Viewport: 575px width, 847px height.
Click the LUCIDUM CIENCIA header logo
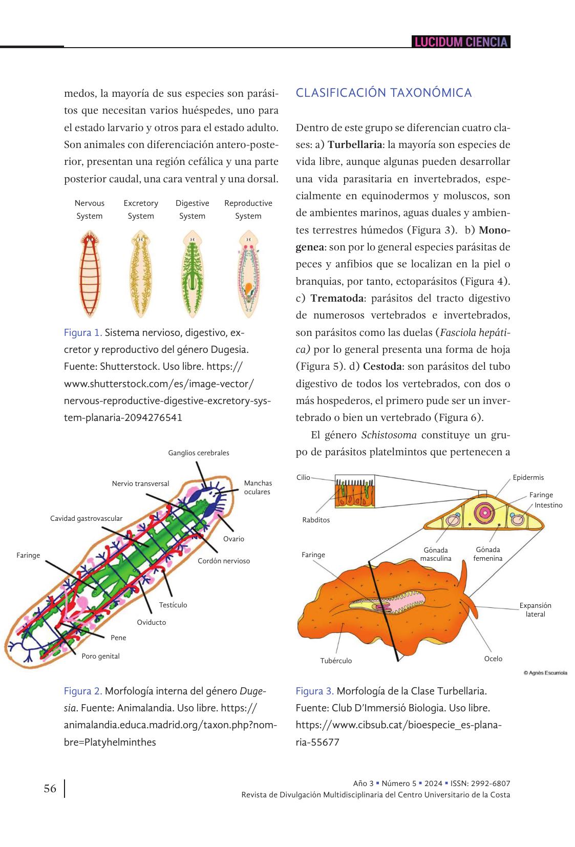point(461,42)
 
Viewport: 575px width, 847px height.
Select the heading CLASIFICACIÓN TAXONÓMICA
point(384,93)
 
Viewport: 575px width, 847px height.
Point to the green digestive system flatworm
point(192,273)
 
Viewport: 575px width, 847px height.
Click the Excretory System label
point(141,209)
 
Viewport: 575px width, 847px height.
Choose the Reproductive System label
point(248,209)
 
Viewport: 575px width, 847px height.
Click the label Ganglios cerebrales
point(199,453)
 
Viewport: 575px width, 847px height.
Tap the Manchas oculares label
point(258,488)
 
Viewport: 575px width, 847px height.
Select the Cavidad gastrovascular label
point(86,518)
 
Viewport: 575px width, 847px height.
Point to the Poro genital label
point(100,656)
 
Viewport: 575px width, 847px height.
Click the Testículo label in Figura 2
point(173,605)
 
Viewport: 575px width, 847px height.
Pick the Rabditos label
point(316,520)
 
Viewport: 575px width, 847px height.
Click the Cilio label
point(303,477)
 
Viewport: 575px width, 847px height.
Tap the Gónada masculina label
point(436,554)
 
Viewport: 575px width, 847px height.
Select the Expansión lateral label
point(535,609)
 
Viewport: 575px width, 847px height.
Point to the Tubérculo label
point(336,661)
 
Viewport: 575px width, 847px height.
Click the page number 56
point(50,789)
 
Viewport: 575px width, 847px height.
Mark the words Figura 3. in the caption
point(314,691)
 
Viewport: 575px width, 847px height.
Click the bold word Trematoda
point(337,298)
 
